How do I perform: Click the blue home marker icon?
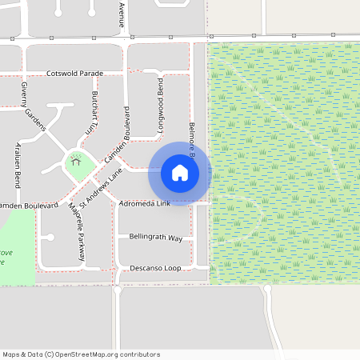pyautogui.click(x=180, y=173)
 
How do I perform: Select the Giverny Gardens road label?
pyautogui.click(x=34, y=106)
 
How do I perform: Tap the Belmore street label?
pyautogui.click(x=192, y=141)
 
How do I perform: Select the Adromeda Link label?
pyautogui.click(x=144, y=204)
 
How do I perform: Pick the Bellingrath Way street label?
pyautogui.click(x=150, y=238)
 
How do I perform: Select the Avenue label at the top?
pyautogui.click(x=122, y=14)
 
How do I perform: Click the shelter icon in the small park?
pyautogui.click(x=77, y=160)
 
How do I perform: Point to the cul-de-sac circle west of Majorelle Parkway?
pyautogui.click(x=50, y=238)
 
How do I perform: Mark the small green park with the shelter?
pyautogui.click(x=80, y=166)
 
